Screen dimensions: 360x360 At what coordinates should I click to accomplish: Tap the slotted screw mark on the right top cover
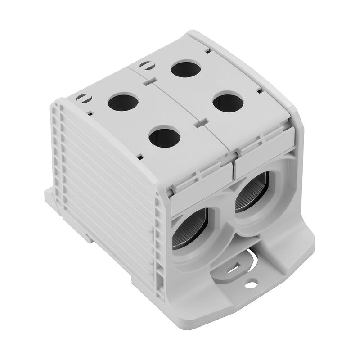click(145, 65)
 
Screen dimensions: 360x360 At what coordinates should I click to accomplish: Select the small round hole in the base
click(250, 284)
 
